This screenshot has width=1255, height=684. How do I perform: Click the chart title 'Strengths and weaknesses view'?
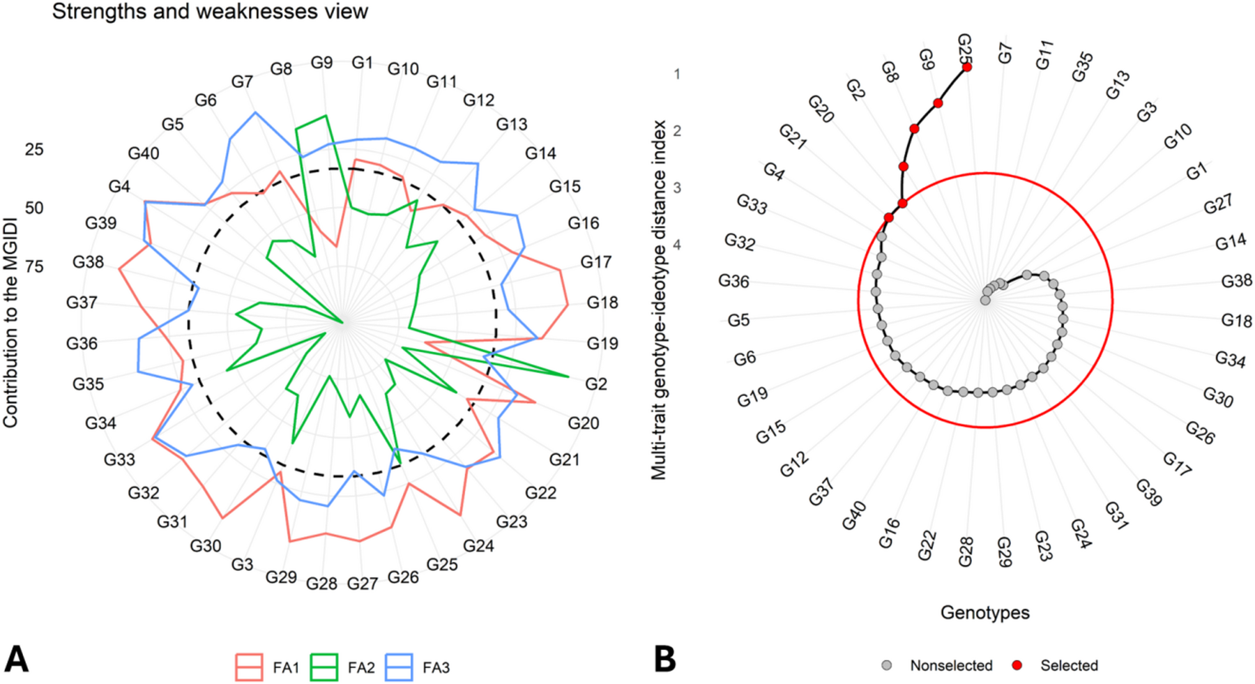tap(210, 12)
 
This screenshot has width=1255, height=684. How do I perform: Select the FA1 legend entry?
tap(268, 667)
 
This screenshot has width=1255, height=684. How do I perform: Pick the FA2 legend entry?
tap(342, 667)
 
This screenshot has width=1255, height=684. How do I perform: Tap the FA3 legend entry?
tap(418, 667)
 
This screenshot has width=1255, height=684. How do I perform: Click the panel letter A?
tap(17, 659)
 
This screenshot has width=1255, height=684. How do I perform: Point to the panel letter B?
tap(665, 659)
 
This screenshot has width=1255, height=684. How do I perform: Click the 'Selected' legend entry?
tap(1057, 666)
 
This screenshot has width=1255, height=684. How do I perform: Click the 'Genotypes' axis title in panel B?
tap(984, 613)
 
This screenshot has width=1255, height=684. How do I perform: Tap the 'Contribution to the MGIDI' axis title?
tap(10, 321)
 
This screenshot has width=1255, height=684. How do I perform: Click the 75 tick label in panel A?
tap(33, 266)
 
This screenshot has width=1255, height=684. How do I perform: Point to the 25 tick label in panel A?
tap(33, 149)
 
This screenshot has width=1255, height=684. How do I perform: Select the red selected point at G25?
tap(966, 68)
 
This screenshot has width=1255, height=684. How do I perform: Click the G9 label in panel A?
tap(321, 63)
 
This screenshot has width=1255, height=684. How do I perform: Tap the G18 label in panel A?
tap(602, 303)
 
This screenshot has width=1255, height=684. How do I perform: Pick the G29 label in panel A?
tap(281, 577)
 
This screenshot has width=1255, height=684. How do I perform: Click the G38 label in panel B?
tap(1236, 282)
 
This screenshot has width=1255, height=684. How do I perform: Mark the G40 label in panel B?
tap(854, 515)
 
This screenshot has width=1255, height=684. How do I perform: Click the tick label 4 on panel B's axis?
tap(677, 245)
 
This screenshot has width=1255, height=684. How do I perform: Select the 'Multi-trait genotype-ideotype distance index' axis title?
tap(659, 301)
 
